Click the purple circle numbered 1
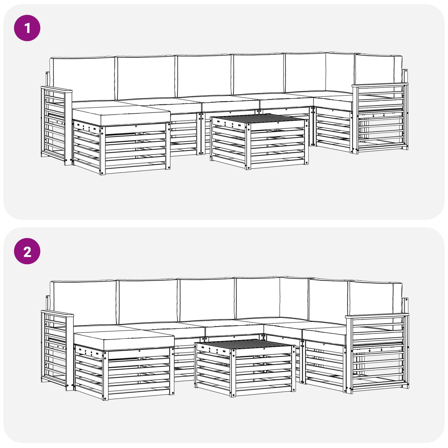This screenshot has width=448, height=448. (x=27, y=28)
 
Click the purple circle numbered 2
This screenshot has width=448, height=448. (x=27, y=251)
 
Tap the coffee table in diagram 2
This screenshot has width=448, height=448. (x=245, y=367)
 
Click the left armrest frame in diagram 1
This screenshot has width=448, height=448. (x=55, y=123)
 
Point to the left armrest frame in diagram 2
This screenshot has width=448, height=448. (x=56, y=347)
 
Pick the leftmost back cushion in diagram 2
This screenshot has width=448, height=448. (x=84, y=302)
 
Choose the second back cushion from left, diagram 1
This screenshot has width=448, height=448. (x=146, y=77)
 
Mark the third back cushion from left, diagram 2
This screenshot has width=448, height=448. (x=207, y=300)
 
